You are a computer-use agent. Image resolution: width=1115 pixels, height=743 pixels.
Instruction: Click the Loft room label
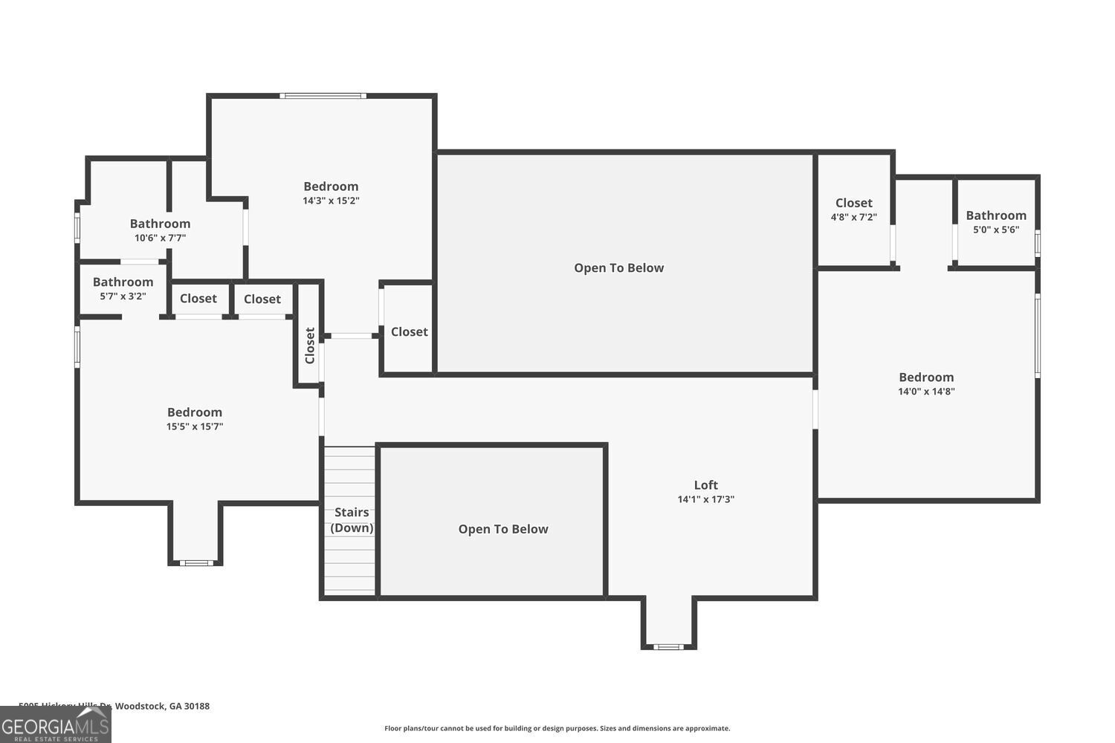coord(705,485)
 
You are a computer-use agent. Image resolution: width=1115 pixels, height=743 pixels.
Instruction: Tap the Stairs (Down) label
coord(352,520)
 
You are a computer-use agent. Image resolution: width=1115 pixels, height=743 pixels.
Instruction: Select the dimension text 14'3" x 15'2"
coord(331,201)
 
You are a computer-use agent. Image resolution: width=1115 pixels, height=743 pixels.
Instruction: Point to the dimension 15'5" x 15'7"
coord(195,426)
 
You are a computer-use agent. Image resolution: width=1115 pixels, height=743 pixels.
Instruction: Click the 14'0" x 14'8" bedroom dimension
coord(926,392)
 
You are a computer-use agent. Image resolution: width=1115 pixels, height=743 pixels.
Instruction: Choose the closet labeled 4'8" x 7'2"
coord(853,210)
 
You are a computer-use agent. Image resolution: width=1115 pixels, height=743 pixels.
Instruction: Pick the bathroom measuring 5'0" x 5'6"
coord(996,222)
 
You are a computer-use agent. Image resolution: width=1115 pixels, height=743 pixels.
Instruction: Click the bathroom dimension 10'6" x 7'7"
coord(160,238)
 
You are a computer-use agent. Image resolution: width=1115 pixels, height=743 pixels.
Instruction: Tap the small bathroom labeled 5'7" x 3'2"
coord(123,288)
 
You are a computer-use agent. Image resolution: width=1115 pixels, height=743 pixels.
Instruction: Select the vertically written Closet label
coord(310,345)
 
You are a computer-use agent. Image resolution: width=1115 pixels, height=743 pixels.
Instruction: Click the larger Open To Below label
coord(618,268)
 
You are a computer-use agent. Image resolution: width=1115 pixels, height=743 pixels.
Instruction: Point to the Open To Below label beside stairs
coord(503,529)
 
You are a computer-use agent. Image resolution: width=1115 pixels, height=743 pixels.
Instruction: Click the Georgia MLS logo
coord(55,724)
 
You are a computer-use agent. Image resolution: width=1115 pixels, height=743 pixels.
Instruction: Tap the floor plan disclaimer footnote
coord(557,728)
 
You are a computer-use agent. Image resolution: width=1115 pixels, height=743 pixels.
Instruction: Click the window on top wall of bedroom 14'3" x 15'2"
coord(323,96)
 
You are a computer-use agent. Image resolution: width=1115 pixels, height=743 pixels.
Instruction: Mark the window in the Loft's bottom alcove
coord(668,646)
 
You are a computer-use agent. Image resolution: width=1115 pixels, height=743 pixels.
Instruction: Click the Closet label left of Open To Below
coord(409,332)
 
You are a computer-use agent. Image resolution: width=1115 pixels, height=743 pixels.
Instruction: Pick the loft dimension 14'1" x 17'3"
coord(705,499)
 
